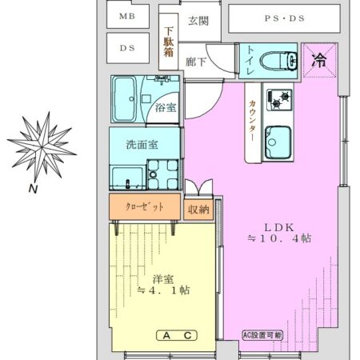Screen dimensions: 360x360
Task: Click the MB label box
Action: click(x=127, y=15)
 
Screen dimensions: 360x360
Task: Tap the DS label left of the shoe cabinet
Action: click(x=127, y=48)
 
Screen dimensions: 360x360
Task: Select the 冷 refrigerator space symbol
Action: click(x=318, y=58)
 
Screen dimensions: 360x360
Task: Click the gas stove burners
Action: click(x=279, y=100)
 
